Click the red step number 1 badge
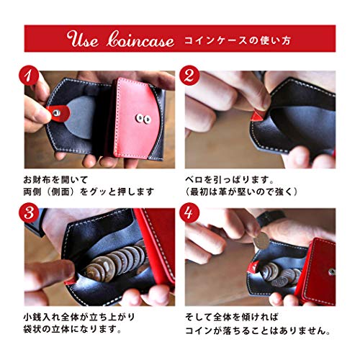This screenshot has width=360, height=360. point(29,76)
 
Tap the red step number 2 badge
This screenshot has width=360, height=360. point(189,76)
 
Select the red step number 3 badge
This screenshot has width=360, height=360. point(29,213)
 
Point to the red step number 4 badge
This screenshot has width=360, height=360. point(189,213)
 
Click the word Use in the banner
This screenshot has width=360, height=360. point(83,39)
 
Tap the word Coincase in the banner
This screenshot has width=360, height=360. point(140,39)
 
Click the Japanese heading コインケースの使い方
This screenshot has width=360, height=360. point(238,40)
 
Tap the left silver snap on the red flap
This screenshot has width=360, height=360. point(139,118)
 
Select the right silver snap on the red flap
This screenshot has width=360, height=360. point(147,119)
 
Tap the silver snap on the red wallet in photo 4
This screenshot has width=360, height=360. point(332,271)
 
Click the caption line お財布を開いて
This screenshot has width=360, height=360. point(55,180)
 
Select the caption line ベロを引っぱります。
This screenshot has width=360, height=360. point(230,180)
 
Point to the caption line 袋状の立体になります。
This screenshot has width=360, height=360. point(72,329)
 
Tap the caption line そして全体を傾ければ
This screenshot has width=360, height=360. point(231,317)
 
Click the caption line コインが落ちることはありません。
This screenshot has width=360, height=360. point(258,331)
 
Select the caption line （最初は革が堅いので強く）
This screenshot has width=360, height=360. point(241,192)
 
